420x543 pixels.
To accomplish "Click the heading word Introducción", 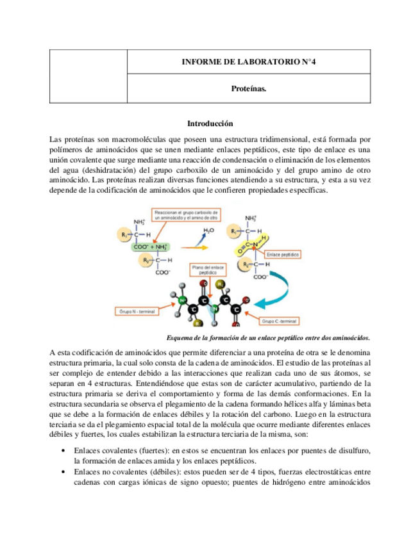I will [x=209, y=123].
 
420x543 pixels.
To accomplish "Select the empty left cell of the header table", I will [x=88, y=76].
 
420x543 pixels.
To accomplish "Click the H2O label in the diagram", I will [x=208, y=229].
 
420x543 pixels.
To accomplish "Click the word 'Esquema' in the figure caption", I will [x=180, y=337].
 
